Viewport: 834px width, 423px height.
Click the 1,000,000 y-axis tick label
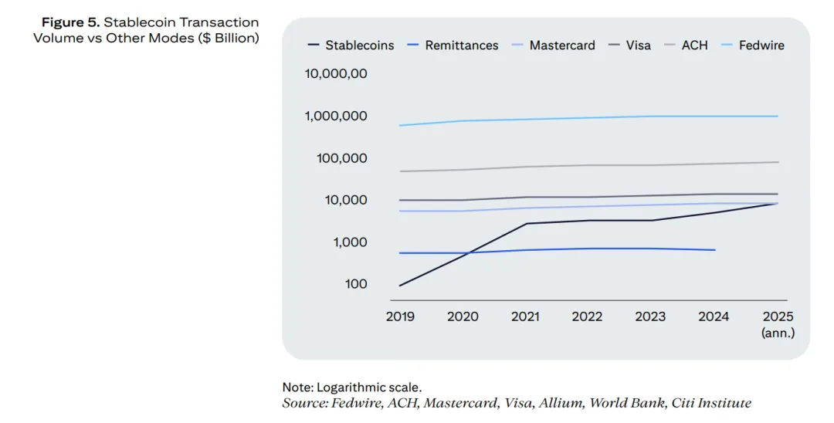coord(336,117)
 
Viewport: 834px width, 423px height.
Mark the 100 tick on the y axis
coord(356,284)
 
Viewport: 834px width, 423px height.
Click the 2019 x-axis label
coord(400,316)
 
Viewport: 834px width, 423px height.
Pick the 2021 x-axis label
coord(525,316)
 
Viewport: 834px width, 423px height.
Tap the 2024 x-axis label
coord(714,316)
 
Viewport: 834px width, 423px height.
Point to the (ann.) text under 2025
coord(778,333)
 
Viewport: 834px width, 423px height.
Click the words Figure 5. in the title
coord(70,22)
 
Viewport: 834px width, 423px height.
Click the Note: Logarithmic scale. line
coord(352,387)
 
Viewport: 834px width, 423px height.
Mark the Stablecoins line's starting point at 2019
coord(400,286)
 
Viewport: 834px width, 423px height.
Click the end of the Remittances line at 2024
coord(714,250)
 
